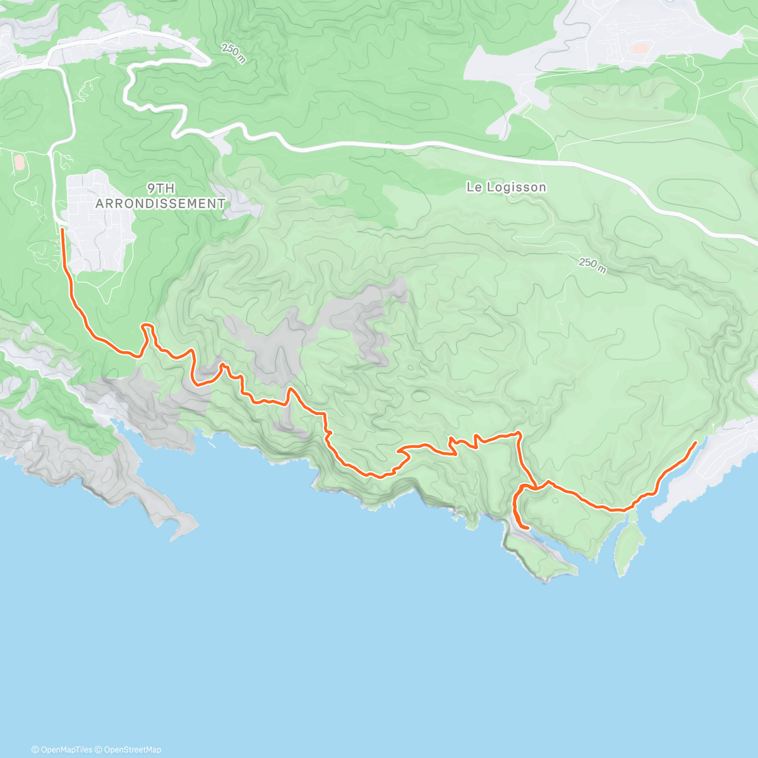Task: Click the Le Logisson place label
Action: click(x=506, y=187)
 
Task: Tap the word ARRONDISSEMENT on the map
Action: click(x=160, y=203)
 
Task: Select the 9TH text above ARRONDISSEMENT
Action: click(x=160, y=188)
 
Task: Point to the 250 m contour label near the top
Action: click(x=234, y=53)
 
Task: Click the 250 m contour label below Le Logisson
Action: click(x=593, y=265)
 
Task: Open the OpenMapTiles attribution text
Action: click(x=62, y=750)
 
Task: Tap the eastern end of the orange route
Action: click(x=695, y=443)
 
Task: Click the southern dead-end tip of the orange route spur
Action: click(x=527, y=527)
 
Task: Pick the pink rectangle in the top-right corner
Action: click(x=640, y=48)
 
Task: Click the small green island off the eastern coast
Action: click(x=629, y=543)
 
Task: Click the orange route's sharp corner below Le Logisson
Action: click(x=519, y=433)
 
